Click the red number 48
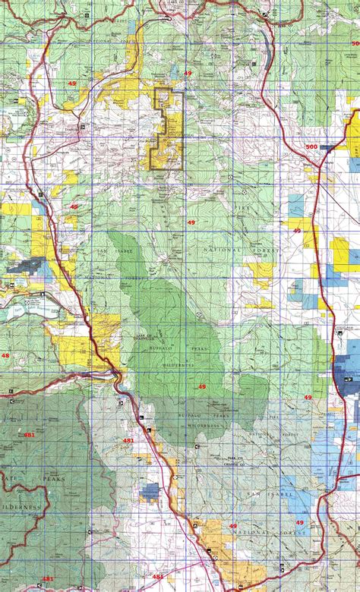point(5,355)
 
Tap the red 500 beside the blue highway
point(311,146)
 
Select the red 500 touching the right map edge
point(355,44)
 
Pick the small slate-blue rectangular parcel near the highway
point(150,491)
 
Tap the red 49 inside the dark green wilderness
point(201,387)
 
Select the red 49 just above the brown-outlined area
point(188,73)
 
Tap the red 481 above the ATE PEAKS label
point(29,435)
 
